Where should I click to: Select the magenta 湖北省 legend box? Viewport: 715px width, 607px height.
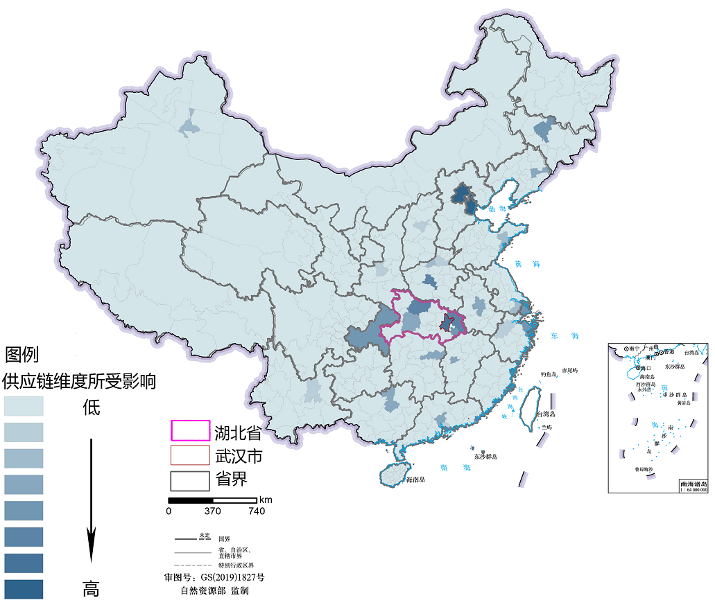pos(190,430)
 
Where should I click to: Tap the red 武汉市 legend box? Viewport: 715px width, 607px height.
pos(190,455)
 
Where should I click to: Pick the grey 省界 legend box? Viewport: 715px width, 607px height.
pos(190,480)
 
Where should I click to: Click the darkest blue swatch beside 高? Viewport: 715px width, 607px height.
pos(24,589)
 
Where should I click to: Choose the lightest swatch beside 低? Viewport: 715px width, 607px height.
pos(24,405)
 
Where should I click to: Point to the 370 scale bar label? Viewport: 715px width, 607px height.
pos(212,511)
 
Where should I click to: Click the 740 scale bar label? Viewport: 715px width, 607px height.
pos(256,511)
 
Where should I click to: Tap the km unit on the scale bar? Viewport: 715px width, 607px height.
pos(266,500)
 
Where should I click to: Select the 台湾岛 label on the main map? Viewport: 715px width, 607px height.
pos(546,414)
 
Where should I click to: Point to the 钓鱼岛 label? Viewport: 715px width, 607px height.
pos(549,374)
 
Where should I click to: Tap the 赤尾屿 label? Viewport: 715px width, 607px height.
pos(570,371)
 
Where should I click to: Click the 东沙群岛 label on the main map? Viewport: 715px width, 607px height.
pos(485,457)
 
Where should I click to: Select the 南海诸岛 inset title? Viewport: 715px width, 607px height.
pos(694,484)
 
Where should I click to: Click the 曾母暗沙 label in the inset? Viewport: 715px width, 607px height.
pos(643,469)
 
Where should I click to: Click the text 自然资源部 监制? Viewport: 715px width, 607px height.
pos(214,591)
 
